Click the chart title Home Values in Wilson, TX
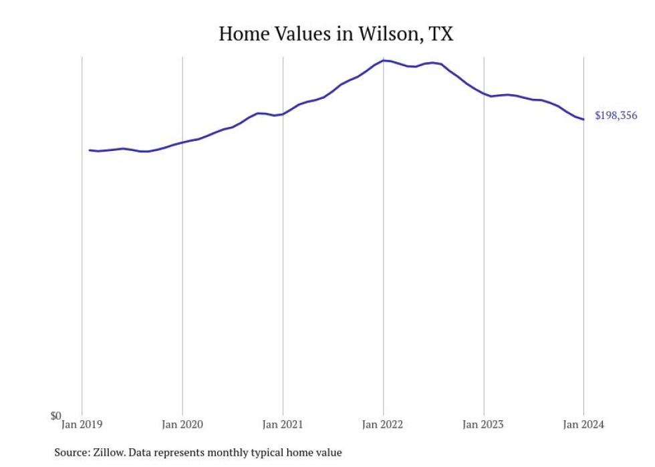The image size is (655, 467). pyautogui.click(x=336, y=33)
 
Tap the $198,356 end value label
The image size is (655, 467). pyautogui.click(x=616, y=116)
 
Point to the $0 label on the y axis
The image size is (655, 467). pyautogui.click(x=55, y=416)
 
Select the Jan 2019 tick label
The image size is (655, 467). pyautogui.click(x=82, y=424)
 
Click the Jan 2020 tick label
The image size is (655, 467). pyautogui.click(x=182, y=424)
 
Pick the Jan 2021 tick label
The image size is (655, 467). pyautogui.click(x=282, y=424)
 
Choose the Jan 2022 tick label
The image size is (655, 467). pyautogui.click(x=383, y=424)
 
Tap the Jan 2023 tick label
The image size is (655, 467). pyautogui.click(x=483, y=424)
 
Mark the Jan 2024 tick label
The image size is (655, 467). pyautogui.click(x=583, y=424)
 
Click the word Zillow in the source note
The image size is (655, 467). pyautogui.click(x=109, y=453)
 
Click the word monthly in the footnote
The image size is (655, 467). pyautogui.click(x=228, y=453)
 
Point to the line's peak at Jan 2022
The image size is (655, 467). pyautogui.click(x=384, y=60)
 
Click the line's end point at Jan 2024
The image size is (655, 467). pyautogui.click(x=583, y=120)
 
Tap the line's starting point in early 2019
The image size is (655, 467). pyautogui.click(x=90, y=150)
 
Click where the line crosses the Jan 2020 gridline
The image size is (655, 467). pyautogui.click(x=182, y=142)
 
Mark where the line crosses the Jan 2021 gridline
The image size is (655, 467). pyautogui.click(x=283, y=114)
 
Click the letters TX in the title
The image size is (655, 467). pyautogui.click(x=440, y=33)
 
